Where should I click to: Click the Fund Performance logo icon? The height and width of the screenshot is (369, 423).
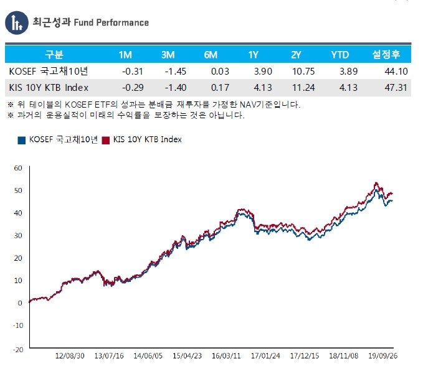point(17,22)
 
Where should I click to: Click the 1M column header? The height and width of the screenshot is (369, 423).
point(125,54)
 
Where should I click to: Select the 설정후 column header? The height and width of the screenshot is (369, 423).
point(386,54)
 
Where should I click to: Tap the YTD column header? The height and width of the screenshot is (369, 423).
point(340,54)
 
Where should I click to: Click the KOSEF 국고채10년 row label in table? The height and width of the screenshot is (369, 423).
point(45,72)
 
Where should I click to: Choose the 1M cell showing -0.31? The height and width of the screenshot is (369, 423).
point(126,72)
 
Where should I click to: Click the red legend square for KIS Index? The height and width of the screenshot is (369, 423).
point(105,140)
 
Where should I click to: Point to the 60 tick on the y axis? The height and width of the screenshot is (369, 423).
point(17,168)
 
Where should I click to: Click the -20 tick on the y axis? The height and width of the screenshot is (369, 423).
point(17,349)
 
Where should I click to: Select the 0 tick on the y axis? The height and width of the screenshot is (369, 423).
point(20,303)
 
